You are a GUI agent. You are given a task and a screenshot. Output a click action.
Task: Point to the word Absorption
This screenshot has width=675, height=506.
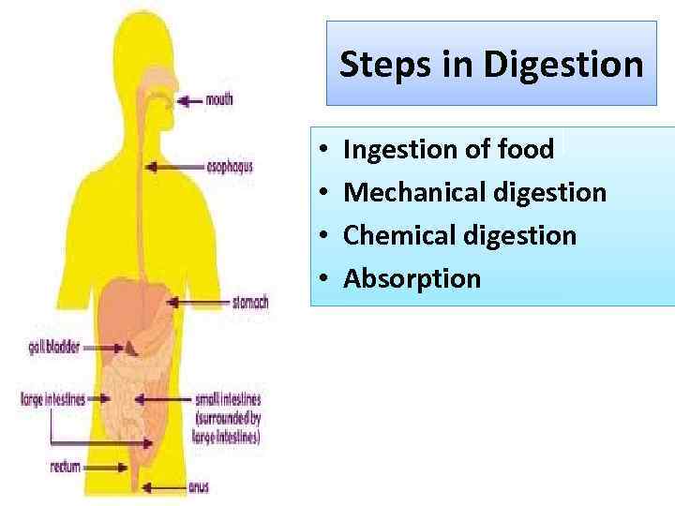412,278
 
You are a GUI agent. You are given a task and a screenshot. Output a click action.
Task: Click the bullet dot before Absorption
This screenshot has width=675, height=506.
322,278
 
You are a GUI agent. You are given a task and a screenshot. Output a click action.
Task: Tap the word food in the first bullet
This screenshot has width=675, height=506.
525,149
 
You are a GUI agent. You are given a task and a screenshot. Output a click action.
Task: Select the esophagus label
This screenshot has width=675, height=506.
230,168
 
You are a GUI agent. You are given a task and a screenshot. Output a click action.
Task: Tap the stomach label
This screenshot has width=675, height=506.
249,303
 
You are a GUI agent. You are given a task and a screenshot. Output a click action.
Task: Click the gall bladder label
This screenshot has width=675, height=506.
50,350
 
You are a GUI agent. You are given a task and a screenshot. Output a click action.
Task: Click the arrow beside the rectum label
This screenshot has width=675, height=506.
117,467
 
